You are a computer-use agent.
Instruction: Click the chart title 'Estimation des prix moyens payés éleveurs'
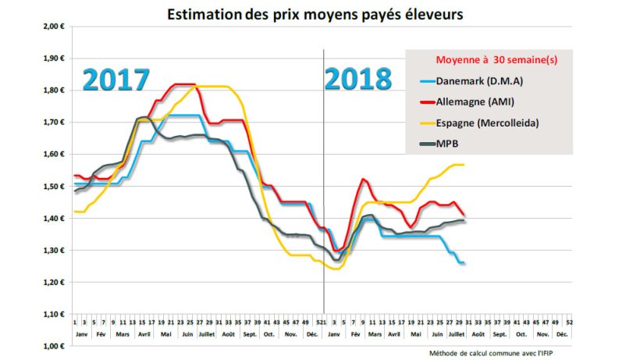click(x=320, y=13)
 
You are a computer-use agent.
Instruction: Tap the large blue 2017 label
click(x=116, y=80)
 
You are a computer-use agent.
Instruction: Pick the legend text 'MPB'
click(x=447, y=144)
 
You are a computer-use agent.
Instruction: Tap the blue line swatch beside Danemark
click(x=423, y=80)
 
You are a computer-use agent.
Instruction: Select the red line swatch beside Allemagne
click(x=423, y=102)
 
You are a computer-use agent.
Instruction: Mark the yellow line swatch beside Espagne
click(x=423, y=123)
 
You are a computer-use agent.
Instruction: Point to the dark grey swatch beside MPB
click(x=423, y=144)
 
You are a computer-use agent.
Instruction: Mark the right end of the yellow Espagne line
click(x=464, y=165)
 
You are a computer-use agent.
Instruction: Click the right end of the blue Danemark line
click(x=464, y=263)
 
